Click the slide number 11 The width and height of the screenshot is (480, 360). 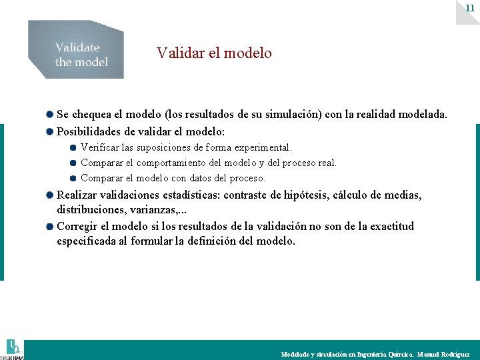pos(470,7)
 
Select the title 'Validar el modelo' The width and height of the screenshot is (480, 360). pos(214,53)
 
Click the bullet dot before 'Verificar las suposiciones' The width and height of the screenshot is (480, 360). pos(73,147)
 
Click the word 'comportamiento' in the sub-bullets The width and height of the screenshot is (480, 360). pos(179,163)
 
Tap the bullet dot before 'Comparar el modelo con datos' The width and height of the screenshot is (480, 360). pos(73,178)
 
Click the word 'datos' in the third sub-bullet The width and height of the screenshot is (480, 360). pos(203,178)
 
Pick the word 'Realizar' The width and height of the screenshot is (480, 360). pos(78,195)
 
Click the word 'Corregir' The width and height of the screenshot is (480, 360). pos(79,226)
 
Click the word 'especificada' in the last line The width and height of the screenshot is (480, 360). pos(87,241)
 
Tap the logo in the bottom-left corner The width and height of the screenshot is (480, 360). pos(13,349)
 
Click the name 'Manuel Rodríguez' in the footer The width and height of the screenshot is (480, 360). pos(443,355)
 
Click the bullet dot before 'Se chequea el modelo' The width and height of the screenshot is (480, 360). pos(50,115)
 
